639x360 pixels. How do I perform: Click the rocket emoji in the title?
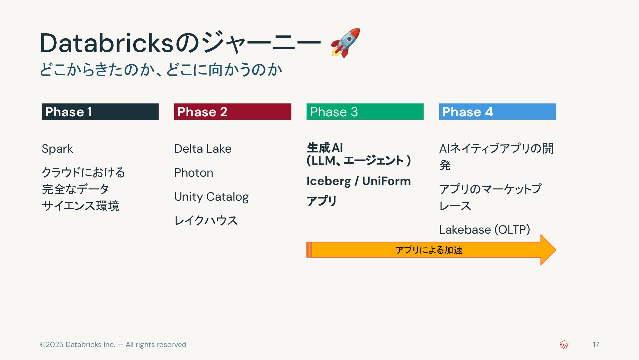click(x=345, y=43)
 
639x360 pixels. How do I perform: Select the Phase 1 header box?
click(x=100, y=112)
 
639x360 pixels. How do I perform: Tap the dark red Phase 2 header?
click(x=232, y=112)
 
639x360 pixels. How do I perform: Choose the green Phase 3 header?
click(x=365, y=112)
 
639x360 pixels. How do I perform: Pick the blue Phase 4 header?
click(x=497, y=112)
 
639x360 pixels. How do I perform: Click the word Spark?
click(x=57, y=149)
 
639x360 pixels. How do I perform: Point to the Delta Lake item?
click(x=203, y=149)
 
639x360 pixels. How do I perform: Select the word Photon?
click(x=194, y=173)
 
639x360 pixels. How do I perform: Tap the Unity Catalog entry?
click(x=211, y=197)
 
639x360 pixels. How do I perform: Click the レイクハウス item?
click(x=206, y=220)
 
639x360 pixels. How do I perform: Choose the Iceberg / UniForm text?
click(x=358, y=181)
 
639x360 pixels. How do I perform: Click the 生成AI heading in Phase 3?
click(x=325, y=148)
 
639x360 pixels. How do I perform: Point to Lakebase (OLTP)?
click(x=484, y=230)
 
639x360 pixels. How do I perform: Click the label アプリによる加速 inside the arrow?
click(x=429, y=250)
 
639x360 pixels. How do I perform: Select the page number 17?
click(x=596, y=345)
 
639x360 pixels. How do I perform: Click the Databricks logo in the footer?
click(x=564, y=345)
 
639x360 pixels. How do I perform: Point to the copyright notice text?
click(x=113, y=345)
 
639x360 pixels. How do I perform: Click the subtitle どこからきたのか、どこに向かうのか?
click(x=161, y=70)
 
